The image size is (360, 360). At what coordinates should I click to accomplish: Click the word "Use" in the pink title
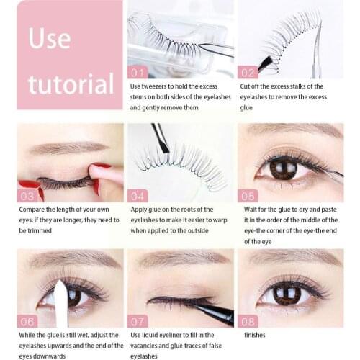point(49,38)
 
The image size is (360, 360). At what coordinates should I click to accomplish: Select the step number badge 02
point(248,72)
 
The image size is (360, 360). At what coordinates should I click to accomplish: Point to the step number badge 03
point(28,195)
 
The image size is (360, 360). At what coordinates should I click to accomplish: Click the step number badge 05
point(248,195)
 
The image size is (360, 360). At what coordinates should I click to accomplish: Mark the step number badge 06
point(28,320)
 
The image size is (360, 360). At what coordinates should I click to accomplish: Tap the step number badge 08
point(248,320)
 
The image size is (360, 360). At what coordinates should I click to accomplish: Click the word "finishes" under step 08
point(254,335)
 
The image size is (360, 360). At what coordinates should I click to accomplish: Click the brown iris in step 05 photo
point(284,168)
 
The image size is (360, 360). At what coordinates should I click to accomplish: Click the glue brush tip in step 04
point(164,147)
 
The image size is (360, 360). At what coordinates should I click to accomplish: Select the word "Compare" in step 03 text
point(37,209)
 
